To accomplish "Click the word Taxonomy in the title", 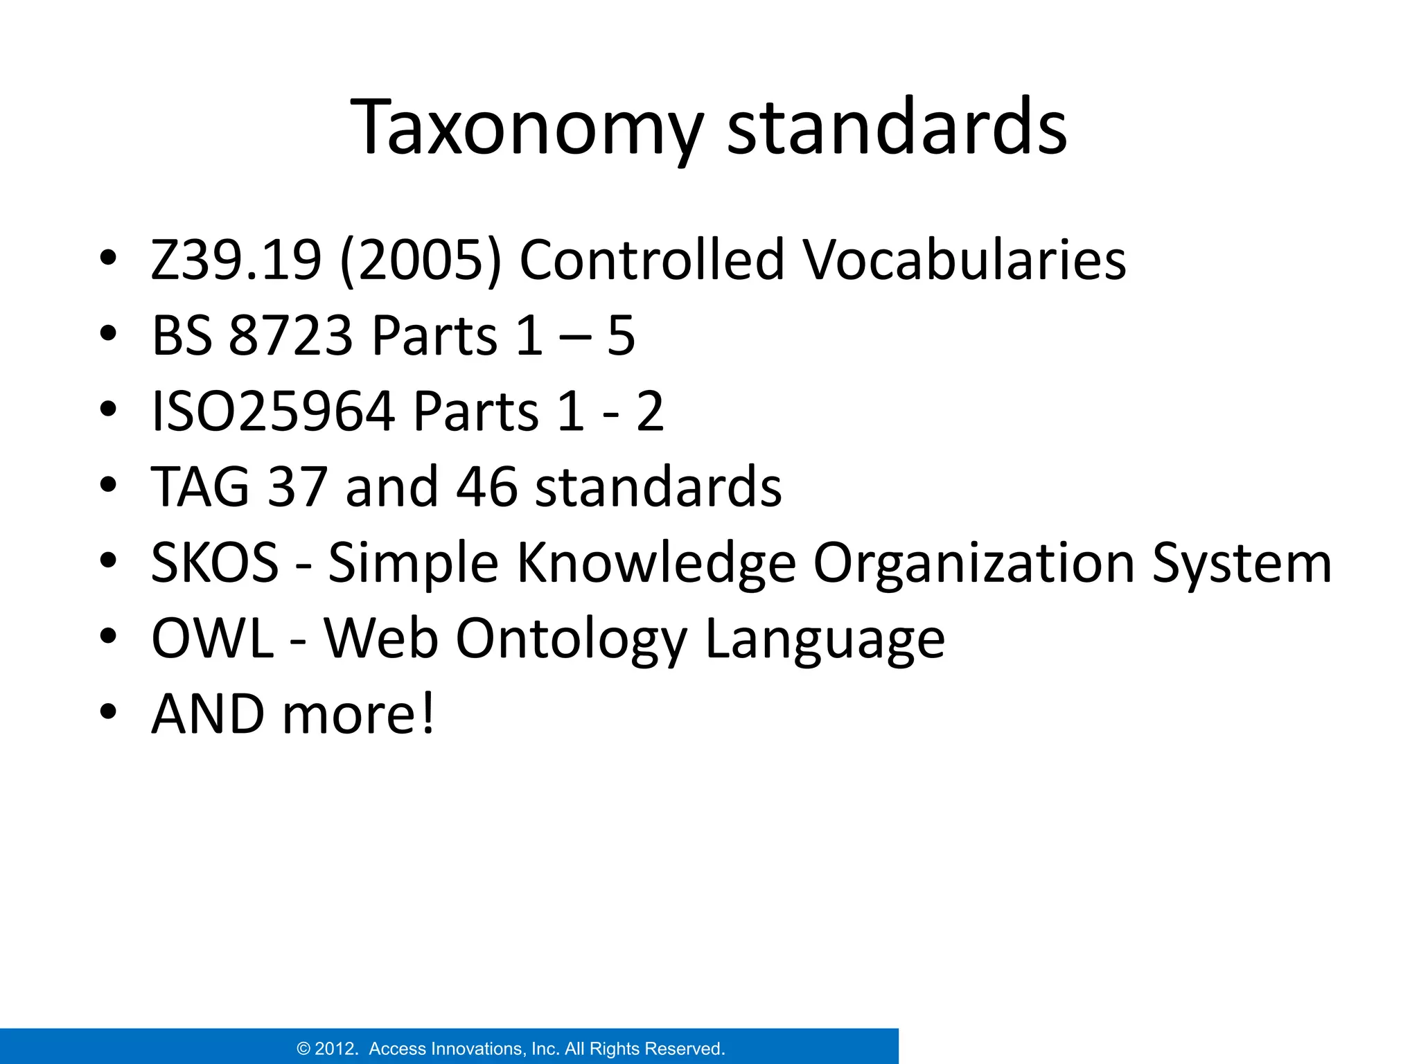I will pyautogui.click(x=527, y=128).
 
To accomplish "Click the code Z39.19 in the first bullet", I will pyautogui.click(x=236, y=260).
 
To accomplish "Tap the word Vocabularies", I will pyautogui.click(x=964, y=260).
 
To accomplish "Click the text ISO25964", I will pyautogui.click(x=274, y=411).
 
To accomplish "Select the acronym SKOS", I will pyautogui.click(x=215, y=562).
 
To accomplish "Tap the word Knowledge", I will pyautogui.click(x=657, y=562).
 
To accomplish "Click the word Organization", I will pyautogui.click(x=973, y=562).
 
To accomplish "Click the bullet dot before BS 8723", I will pyautogui.click(x=107, y=334).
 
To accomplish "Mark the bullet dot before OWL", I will pyautogui.click(x=107, y=636).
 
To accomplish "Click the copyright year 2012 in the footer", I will pyautogui.click(x=336, y=1049).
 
